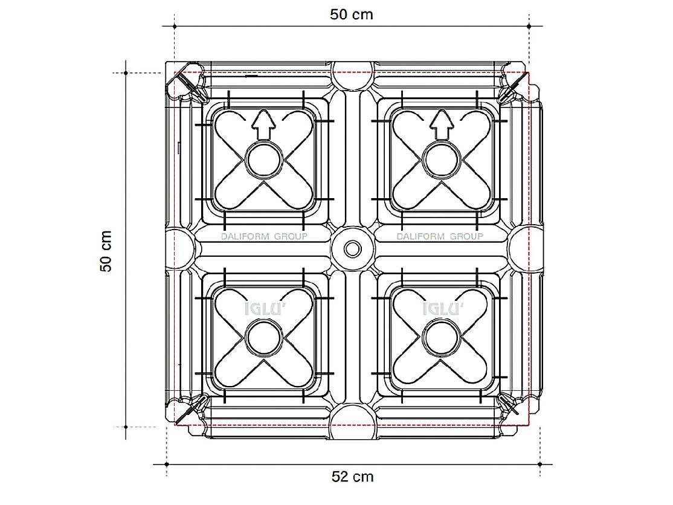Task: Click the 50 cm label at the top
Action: (352, 14)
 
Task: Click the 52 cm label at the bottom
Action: (352, 477)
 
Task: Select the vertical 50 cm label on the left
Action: (106, 251)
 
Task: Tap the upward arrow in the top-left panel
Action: (263, 125)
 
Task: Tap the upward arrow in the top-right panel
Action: (442, 125)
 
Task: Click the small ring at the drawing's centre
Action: (353, 249)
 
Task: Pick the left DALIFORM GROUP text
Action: (264, 236)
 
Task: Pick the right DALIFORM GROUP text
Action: (440, 236)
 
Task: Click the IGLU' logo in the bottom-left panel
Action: (263, 309)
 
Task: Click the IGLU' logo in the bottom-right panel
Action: (442, 309)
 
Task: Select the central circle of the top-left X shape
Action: (263, 159)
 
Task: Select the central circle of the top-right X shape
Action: (441, 159)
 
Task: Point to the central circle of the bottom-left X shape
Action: (263, 338)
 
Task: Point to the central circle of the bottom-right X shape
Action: (441, 338)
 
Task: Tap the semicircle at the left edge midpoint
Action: (181, 249)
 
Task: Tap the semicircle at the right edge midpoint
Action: (526, 249)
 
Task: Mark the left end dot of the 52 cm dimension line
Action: (167, 465)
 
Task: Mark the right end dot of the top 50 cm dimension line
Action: (529, 26)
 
